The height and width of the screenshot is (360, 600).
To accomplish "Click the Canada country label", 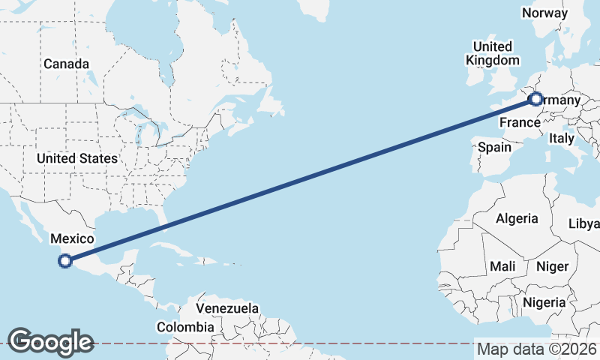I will coord(66,64).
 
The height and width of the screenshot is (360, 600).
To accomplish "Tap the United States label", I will coord(77,158).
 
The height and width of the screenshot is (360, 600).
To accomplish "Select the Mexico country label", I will coord(72,239).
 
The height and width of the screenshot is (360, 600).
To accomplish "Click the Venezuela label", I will coord(227,308).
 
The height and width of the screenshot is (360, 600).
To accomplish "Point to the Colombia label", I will coord(184,327).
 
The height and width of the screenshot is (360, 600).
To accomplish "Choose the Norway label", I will coord(545,13).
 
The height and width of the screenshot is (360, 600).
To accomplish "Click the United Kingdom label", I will coord(492,53).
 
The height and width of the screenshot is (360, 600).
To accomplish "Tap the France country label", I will coord(520,122).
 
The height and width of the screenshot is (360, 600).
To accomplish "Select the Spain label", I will coord(494,148).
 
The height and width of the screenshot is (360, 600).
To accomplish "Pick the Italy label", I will coord(561,138).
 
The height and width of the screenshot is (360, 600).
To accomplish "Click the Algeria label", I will coord(517,218).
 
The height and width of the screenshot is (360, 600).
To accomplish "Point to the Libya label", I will coord(584,224).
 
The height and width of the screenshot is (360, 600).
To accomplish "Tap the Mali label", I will coord(502,266).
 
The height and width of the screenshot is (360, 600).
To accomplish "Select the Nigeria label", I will coord(544,302).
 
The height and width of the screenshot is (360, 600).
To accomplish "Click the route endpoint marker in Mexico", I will coord(65,261).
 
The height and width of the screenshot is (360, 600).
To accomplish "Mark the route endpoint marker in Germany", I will coord(535,98).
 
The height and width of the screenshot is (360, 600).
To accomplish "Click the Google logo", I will coord(50,341).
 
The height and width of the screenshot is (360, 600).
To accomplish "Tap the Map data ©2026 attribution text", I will coord(537,349).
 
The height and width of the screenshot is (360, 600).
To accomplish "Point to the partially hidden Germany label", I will coord(561,100).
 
